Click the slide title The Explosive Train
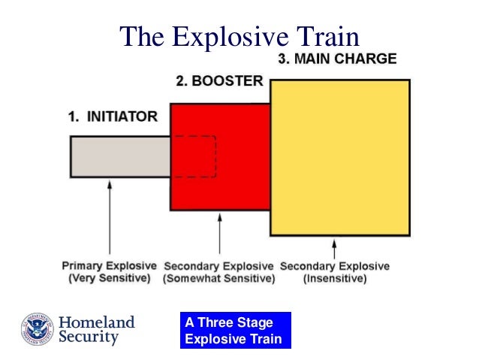click(x=239, y=35)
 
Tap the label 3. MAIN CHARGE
click(x=337, y=59)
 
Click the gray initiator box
click(x=120, y=156)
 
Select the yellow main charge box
click(x=339, y=158)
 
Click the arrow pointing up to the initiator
click(x=110, y=217)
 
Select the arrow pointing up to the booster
click(x=219, y=234)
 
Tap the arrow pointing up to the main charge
click(x=334, y=249)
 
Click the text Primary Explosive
click(x=110, y=266)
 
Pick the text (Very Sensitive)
click(x=110, y=278)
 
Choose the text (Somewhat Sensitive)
click(x=219, y=279)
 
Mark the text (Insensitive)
click(x=335, y=279)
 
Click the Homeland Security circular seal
click(x=38, y=329)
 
